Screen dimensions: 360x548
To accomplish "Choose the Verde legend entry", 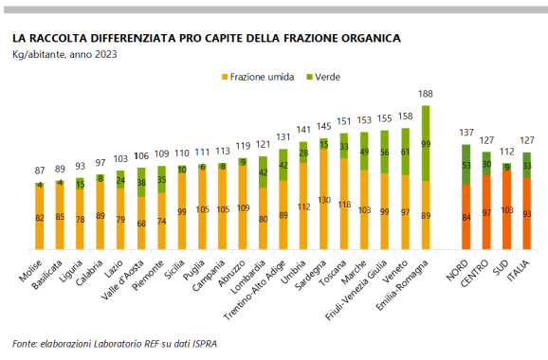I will pos(325,75).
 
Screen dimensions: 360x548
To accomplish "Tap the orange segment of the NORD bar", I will pos(466,216).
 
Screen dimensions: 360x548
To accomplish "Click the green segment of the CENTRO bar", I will pos(486,163).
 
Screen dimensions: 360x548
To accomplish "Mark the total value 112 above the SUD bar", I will pos(507,151).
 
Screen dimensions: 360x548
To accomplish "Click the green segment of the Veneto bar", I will pos(405,152).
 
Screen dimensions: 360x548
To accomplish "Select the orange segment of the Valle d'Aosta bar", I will pos(140,224).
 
